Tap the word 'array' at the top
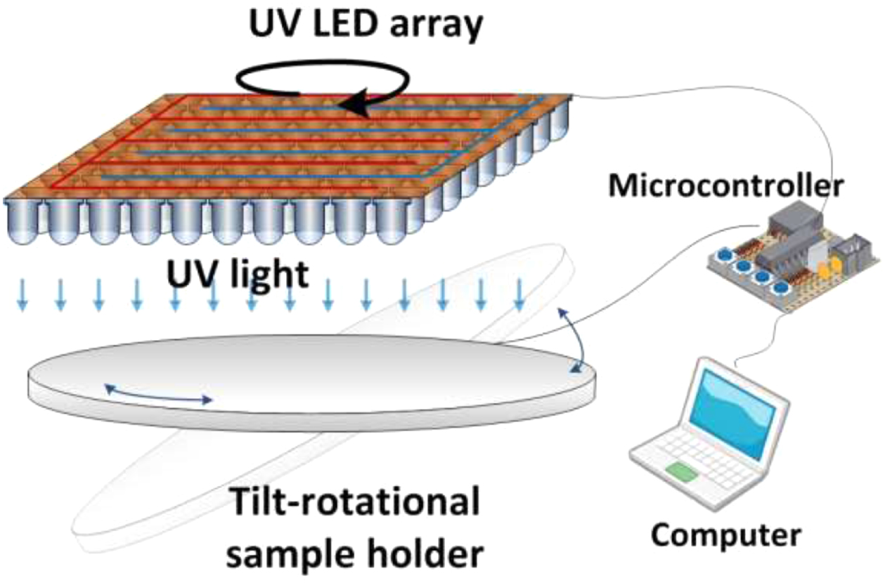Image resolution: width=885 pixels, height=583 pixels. (437, 27)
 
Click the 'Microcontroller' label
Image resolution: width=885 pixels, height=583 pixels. (726, 185)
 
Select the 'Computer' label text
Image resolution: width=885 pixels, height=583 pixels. (725, 536)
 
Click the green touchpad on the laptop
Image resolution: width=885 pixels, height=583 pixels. (682, 472)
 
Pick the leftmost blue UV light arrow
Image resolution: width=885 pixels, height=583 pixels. (22, 294)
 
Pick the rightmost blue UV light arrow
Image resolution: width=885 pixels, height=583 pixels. (519, 294)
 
